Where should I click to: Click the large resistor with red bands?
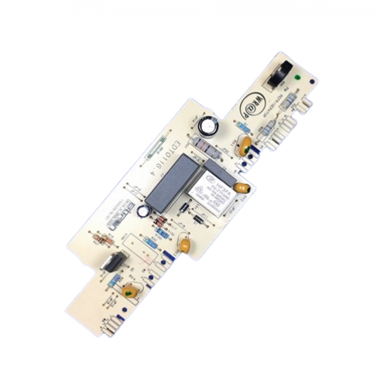click(x=207, y=147)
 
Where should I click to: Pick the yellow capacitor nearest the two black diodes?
click(x=185, y=244)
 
